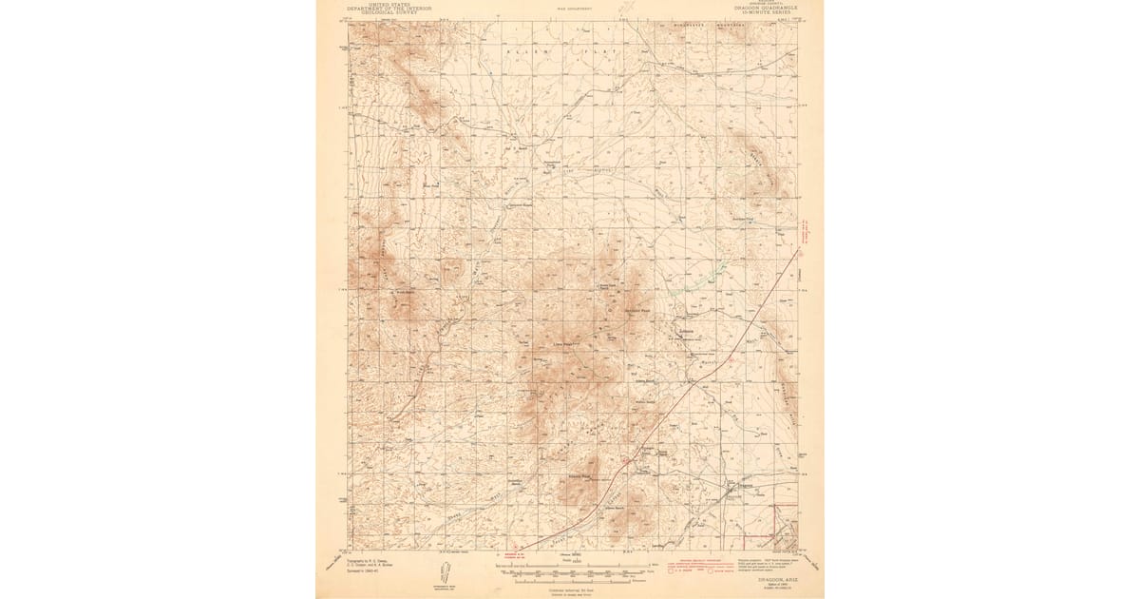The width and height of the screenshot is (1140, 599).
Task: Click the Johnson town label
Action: coord(689,332)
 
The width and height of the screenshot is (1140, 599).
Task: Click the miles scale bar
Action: coord(570,567)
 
